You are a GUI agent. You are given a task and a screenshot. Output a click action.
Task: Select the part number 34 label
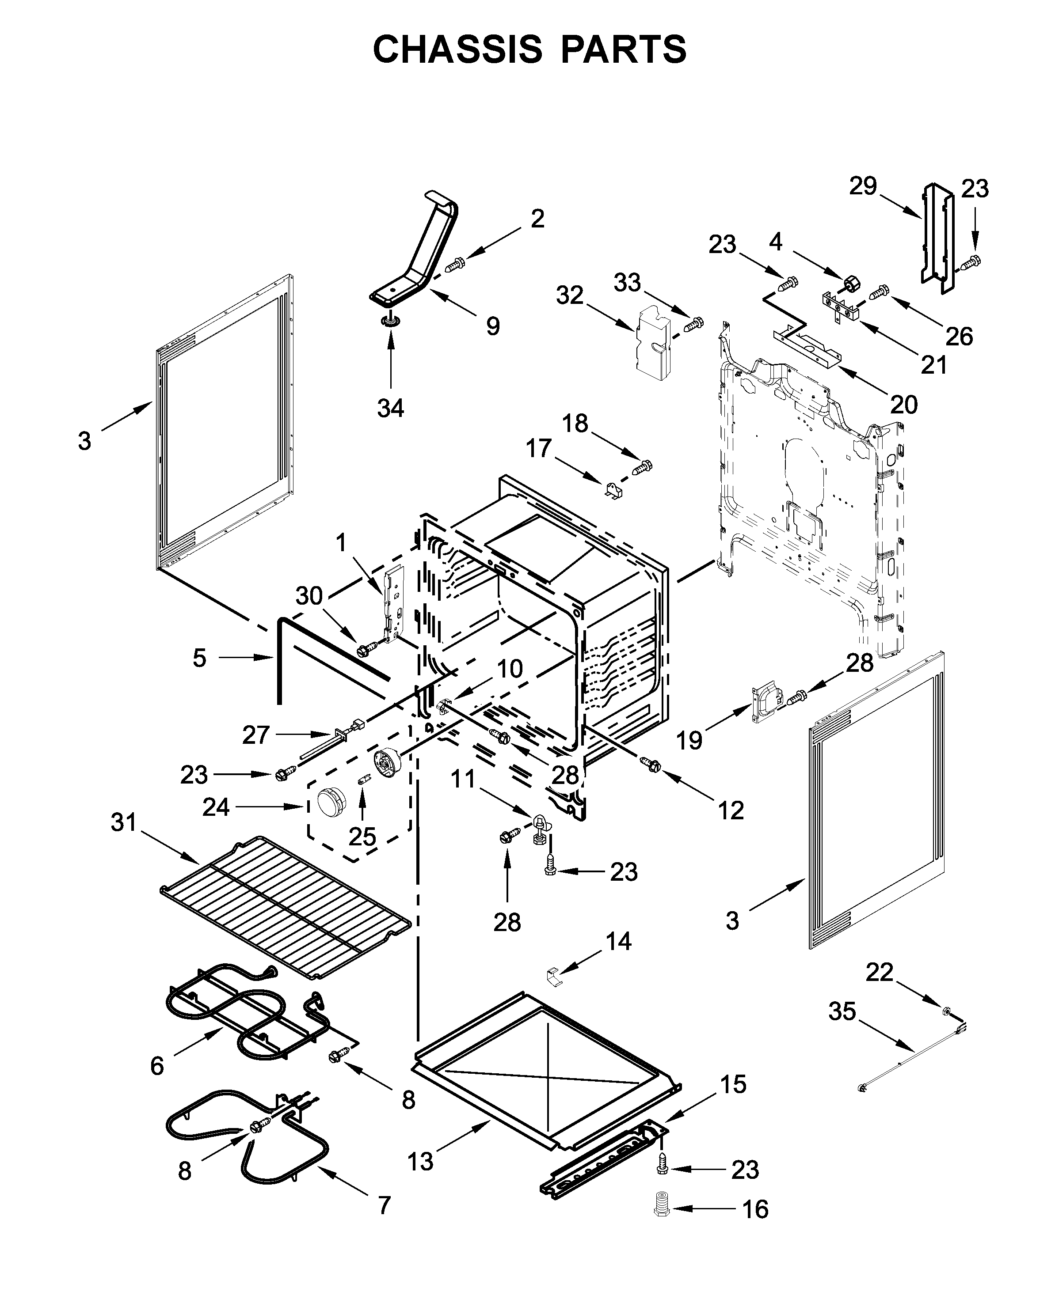click(x=390, y=408)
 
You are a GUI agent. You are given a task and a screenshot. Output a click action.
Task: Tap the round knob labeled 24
click(x=330, y=803)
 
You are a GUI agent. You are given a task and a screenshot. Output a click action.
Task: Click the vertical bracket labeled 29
click(x=937, y=240)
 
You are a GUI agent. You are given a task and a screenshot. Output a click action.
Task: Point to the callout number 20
click(x=904, y=404)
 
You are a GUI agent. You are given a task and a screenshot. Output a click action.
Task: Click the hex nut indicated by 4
click(x=851, y=282)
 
